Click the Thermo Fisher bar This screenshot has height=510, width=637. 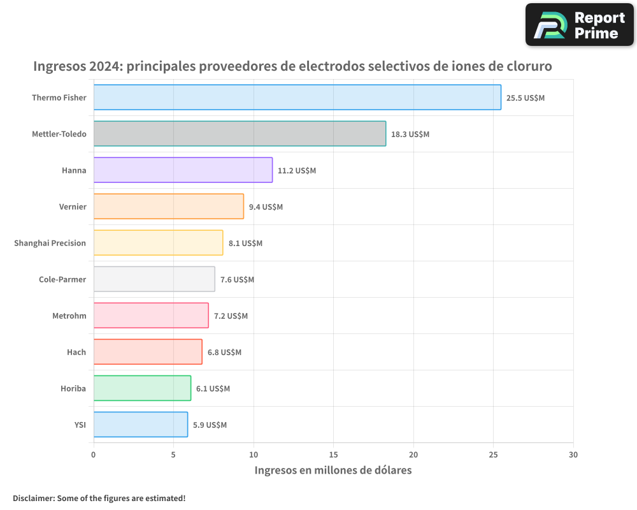[x=297, y=98]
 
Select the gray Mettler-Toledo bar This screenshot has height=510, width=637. [x=240, y=134]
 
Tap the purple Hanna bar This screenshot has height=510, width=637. [x=183, y=170]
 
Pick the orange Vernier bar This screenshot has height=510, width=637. [x=169, y=207]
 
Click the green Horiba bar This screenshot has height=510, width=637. [x=142, y=388]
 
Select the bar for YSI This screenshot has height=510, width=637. [x=141, y=425]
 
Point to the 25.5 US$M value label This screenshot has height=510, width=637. [x=526, y=98]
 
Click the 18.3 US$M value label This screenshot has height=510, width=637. [x=410, y=135]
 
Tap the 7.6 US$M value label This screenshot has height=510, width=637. [x=237, y=280]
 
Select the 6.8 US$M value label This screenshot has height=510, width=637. [x=224, y=353]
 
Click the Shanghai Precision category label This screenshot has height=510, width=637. [x=50, y=243]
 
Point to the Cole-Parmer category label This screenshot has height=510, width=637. [x=62, y=279]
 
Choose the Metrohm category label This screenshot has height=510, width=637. [x=69, y=316]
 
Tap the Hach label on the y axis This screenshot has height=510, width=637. [x=76, y=352]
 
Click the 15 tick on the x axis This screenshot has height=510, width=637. [x=333, y=455]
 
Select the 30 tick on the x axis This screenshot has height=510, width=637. [x=573, y=455]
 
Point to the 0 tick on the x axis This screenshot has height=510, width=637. [x=94, y=455]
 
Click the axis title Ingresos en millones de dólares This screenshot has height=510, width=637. [x=333, y=470]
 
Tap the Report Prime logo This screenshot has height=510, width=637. [x=579, y=25]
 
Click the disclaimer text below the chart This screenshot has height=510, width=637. [x=99, y=498]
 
